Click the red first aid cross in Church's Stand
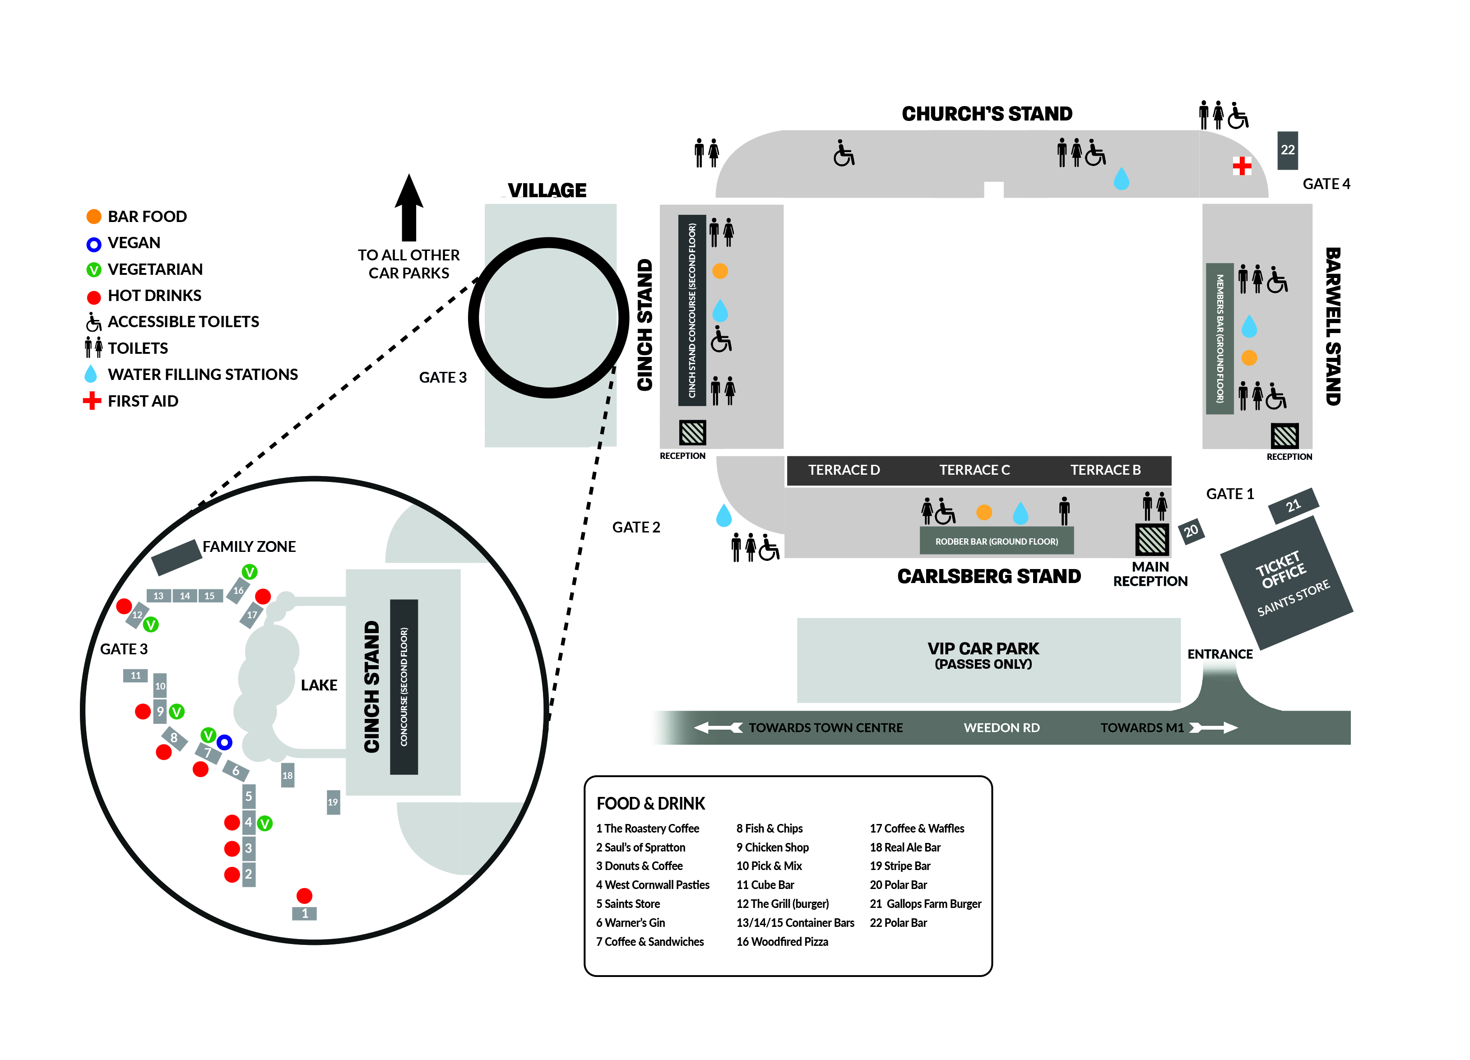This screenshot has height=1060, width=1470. [1242, 166]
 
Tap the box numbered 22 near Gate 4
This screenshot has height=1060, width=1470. [1287, 150]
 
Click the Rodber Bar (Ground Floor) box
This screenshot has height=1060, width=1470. [996, 541]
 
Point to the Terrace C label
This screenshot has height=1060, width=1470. [974, 470]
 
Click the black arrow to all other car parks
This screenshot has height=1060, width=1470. [409, 207]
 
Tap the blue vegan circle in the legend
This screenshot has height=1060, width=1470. [94, 244]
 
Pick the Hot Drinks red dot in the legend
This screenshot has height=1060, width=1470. [94, 297]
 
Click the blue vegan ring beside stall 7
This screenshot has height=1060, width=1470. [224, 742]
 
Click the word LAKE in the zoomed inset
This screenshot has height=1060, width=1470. [319, 685]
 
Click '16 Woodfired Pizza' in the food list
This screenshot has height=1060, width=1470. [782, 941]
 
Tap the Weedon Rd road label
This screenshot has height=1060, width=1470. [1002, 727]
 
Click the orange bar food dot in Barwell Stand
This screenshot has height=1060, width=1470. [1249, 358]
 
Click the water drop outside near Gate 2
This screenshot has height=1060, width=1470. [723, 516]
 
